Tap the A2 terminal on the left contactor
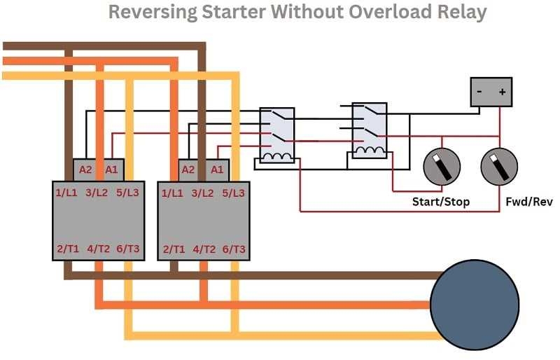(x=85, y=169)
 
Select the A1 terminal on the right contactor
(x=217, y=169)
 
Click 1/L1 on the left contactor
(x=68, y=192)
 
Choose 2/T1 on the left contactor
(x=68, y=249)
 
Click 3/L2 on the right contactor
(x=203, y=192)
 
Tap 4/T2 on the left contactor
(x=98, y=249)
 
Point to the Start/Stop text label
(x=441, y=202)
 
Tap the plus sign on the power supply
(x=501, y=92)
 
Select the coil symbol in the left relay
(x=276, y=155)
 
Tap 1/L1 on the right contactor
(x=173, y=192)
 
